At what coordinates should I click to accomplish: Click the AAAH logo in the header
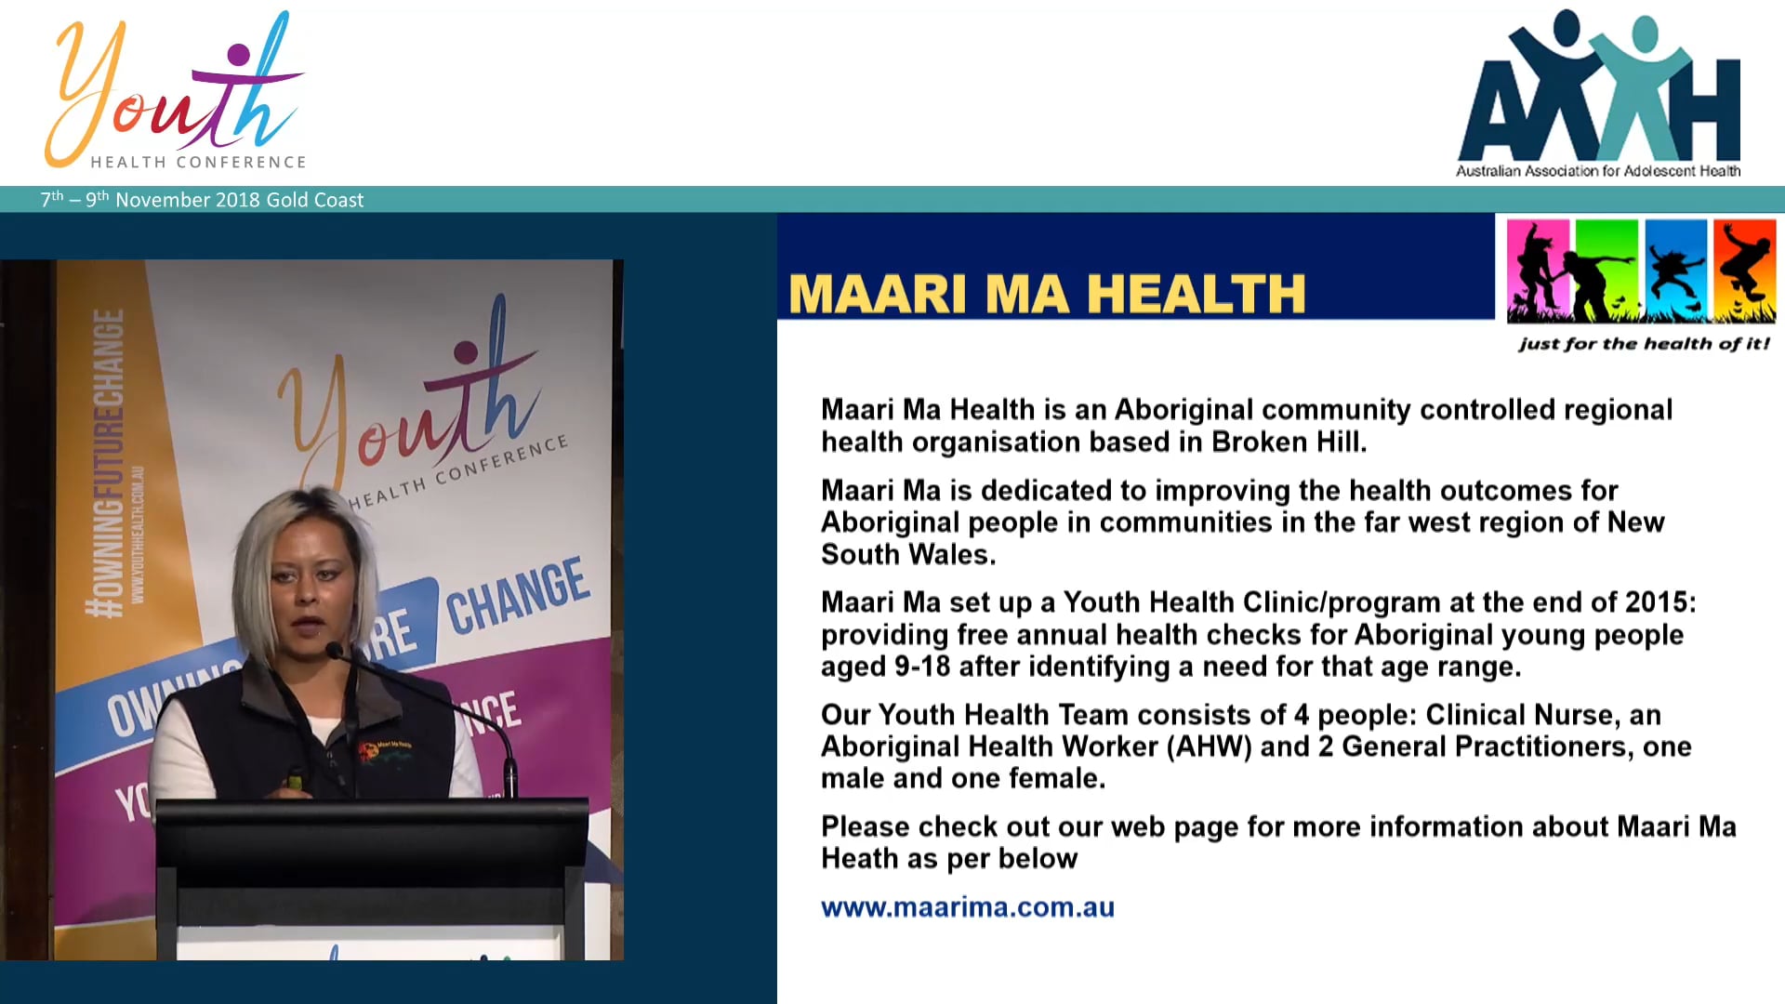[x=1598, y=88]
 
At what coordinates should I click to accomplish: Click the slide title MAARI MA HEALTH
[x=1047, y=294]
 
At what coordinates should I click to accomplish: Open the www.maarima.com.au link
[x=967, y=907]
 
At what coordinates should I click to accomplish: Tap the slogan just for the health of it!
[x=1644, y=344]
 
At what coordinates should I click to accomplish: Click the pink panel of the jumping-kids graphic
[x=1538, y=270]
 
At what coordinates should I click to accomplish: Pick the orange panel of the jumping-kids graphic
[x=1744, y=270]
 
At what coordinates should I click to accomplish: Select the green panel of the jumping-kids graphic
[x=1606, y=270]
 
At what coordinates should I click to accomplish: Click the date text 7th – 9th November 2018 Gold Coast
[x=202, y=200]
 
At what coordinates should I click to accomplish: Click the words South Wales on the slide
[x=907, y=555]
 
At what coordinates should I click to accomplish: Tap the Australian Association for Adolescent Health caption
[x=1598, y=171]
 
